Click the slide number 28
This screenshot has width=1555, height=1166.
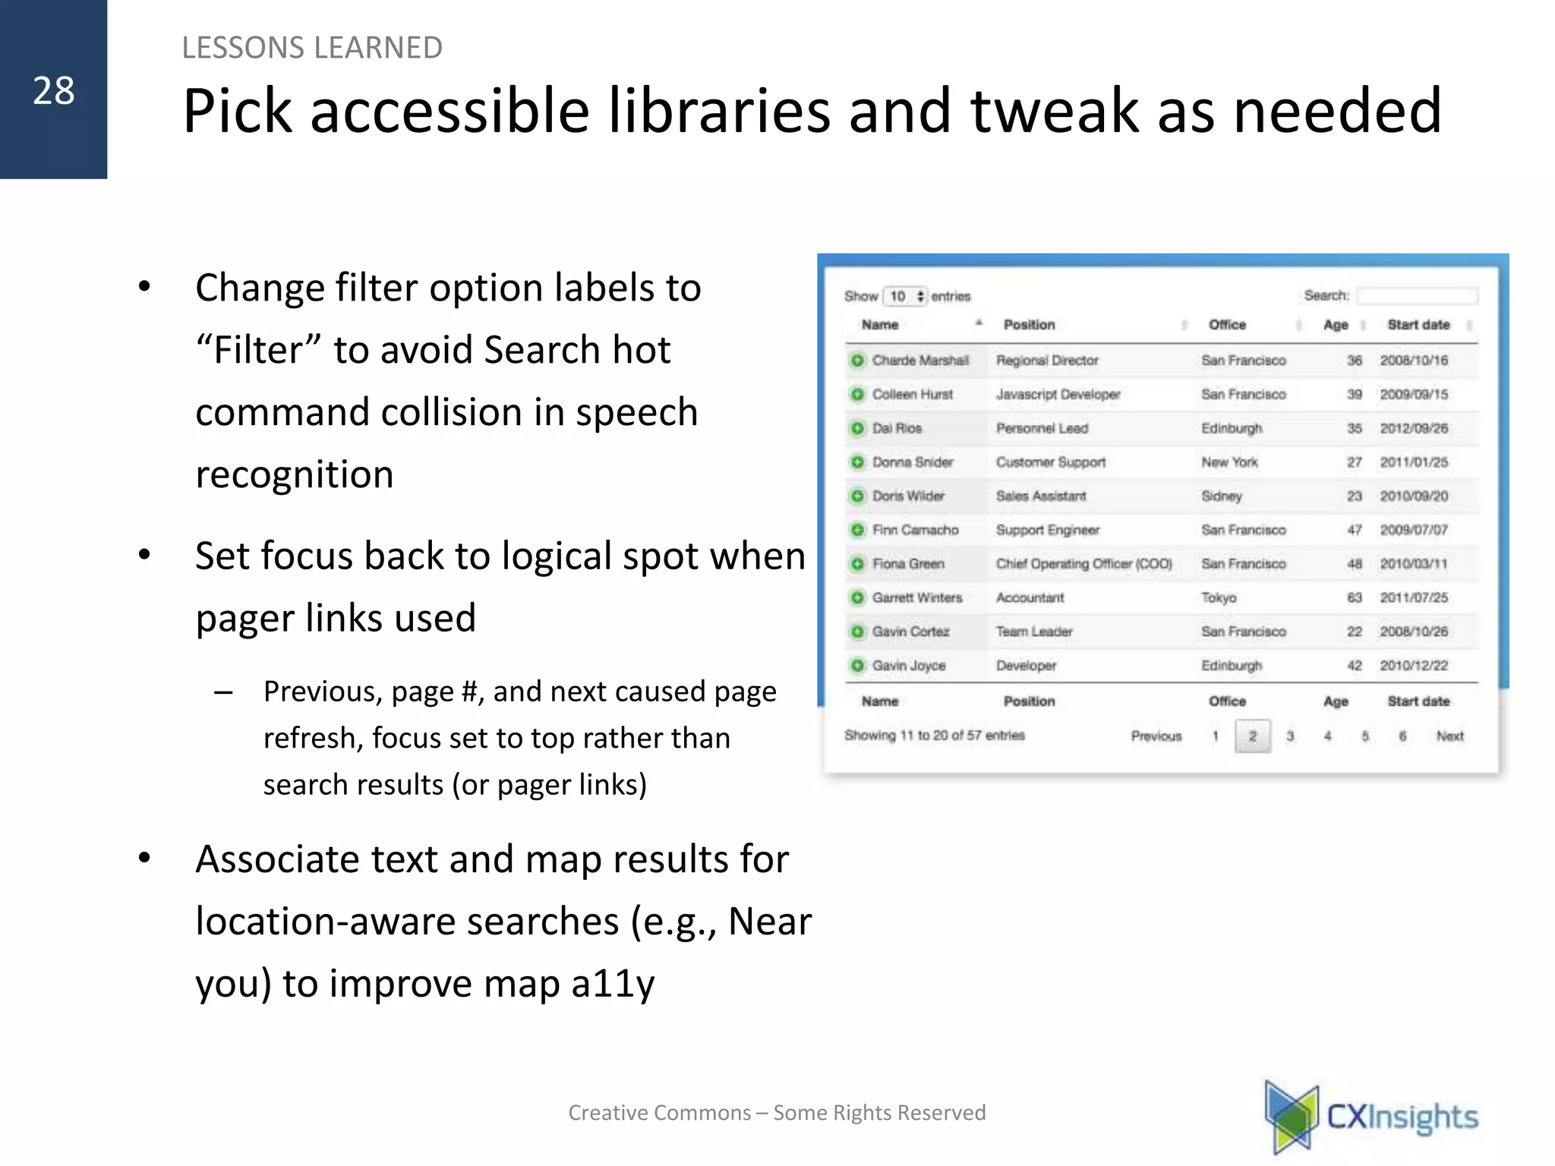click(x=53, y=91)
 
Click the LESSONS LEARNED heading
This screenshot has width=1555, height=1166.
click(x=312, y=48)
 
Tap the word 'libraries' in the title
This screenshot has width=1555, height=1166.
click(x=718, y=111)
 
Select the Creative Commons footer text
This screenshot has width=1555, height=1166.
click(x=777, y=1113)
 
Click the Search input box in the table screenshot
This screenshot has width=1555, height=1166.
click(x=1417, y=295)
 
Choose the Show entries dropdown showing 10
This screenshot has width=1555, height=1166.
click(x=905, y=296)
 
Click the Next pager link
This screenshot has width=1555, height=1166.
click(x=1449, y=736)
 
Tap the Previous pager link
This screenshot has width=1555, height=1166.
click(x=1156, y=736)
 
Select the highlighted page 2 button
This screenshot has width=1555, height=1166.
click(x=1252, y=736)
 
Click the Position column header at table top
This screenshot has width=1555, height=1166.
click(x=1029, y=325)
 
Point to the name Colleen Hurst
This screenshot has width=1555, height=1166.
click(x=912, y=394)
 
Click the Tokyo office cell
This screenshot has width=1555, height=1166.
click(x=1219, y=597)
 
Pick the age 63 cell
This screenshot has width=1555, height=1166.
click(x=1354, y=597)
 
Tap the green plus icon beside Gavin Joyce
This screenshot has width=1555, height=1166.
click(x=857, y=666)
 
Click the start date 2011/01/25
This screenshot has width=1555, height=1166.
click(x=1414, y=462)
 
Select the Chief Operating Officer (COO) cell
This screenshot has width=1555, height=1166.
click(x=1083, y=564)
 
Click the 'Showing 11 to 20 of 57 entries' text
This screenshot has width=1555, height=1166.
click(x=934, y=735)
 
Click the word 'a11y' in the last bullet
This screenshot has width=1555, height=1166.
click(x=613, y=984)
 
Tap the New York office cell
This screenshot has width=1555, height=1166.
click(x=1229, y=462)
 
